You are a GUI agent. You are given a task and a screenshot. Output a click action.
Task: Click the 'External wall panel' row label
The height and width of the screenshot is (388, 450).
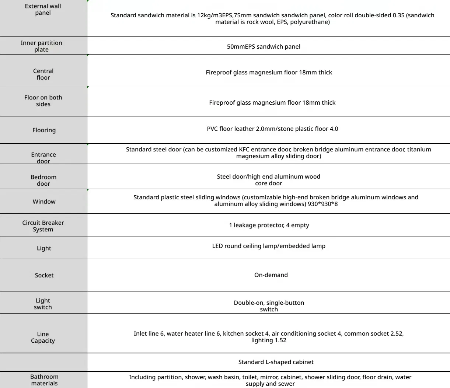coord(43,10)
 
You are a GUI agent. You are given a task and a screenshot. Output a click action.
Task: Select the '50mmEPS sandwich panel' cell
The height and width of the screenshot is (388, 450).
coord(264,47)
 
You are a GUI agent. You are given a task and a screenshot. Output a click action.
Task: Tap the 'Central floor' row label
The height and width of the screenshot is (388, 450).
coord(43,74)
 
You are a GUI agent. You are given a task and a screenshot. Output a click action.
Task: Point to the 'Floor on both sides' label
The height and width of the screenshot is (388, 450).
coord(43,101)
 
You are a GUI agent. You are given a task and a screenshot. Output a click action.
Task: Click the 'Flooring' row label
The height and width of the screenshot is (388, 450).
coord(44,130)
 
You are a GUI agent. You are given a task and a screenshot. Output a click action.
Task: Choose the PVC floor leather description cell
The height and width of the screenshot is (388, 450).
coord(272,129)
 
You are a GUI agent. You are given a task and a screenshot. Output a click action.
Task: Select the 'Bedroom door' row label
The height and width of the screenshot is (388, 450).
coord(43,180)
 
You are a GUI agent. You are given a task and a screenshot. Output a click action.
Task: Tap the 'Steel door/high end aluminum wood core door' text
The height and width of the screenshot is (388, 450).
coord(269,180)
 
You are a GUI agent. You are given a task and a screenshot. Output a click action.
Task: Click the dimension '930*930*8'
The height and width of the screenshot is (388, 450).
coord(322,204)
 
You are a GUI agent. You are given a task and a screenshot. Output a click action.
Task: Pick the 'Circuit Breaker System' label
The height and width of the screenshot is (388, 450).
coord(43,226)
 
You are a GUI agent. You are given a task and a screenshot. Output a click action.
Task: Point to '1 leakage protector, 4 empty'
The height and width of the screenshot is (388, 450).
coord(269,225)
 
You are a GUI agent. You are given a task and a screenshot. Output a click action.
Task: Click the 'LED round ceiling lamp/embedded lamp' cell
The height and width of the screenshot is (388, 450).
coord(269,246)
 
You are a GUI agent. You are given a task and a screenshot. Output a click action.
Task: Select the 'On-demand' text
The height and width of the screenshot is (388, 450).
coord(271,275)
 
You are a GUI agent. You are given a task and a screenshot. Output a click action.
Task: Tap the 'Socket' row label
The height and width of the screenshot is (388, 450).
coord(44,275)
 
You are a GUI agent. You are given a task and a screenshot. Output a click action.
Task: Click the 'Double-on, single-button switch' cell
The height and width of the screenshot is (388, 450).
coord(269,306)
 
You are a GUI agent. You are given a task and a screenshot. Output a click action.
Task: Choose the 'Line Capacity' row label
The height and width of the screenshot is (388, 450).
coord(43,337)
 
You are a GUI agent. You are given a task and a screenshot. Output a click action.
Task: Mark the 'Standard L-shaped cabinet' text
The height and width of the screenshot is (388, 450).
coord(276,362)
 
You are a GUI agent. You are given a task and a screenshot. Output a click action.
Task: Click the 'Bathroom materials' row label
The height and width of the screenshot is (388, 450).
coord(44,380)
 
